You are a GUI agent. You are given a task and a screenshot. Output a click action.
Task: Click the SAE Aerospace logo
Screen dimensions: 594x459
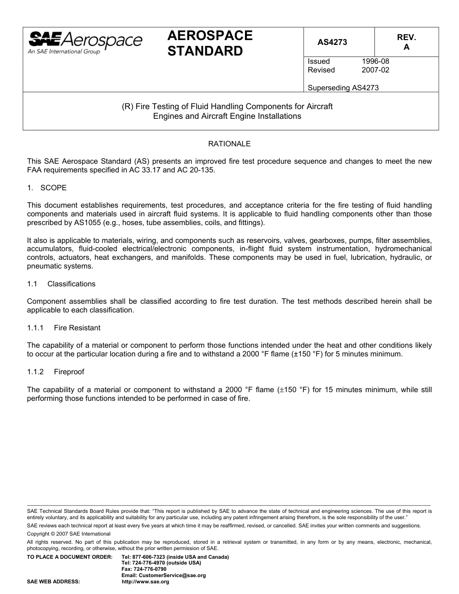pos(86,42)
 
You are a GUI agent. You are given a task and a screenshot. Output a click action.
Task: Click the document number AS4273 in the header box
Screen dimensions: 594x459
pos(332,42)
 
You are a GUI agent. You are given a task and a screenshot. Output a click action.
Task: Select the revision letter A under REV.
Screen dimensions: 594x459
pos(406,47)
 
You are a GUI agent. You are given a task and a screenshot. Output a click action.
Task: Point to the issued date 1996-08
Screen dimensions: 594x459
pos(375,61)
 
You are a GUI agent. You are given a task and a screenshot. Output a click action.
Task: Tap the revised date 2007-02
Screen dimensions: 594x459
pos(375,70)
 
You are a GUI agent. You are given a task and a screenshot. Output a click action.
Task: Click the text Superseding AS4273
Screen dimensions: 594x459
pos(343,87)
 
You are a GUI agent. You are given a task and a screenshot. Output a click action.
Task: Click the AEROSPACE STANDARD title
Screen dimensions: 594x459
pos(210,43)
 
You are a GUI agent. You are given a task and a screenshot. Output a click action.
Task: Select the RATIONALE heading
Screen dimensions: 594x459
pos(229,144)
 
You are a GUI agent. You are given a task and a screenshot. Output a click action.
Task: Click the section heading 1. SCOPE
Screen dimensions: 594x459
pos(47,187)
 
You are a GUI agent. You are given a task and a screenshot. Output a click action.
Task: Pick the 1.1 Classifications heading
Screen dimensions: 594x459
pos(61,284)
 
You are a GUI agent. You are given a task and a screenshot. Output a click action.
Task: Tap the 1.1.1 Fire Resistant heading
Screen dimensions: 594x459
pos(64,328)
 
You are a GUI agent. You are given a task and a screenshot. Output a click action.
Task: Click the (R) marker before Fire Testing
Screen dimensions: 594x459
pos(127,106)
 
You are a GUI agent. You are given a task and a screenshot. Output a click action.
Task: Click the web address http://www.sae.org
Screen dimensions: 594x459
pos(145,581)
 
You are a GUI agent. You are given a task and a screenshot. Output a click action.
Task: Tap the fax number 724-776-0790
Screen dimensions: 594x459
pos(143,569)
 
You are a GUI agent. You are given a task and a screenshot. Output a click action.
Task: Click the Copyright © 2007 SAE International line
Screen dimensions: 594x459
pos(69,534)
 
